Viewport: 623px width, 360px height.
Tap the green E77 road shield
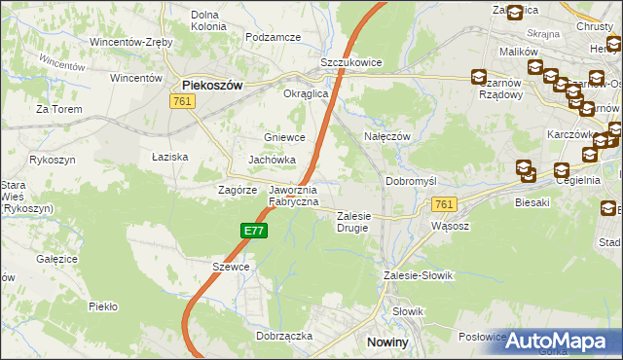254,231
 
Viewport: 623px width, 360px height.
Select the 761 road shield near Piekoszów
180,101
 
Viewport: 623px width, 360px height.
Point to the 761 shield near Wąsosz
444,203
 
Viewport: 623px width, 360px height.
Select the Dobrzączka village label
284,335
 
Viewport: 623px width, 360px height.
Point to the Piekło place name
102,306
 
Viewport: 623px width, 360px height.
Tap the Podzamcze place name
273,37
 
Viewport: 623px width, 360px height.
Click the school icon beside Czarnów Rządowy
479,77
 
